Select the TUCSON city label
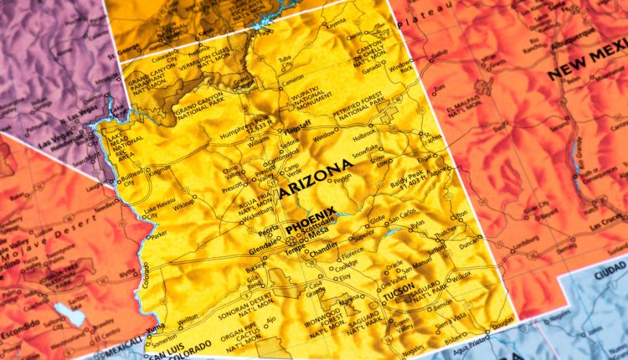399,296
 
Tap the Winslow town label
324,136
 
